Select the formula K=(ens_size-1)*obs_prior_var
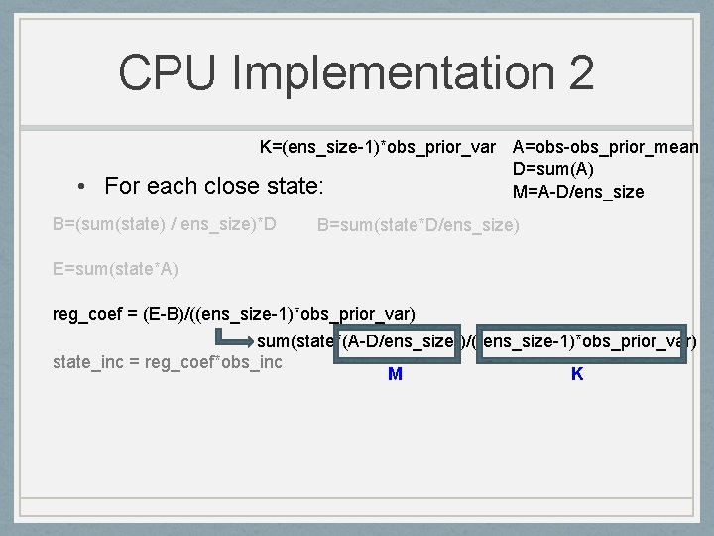click(x=378, y=148)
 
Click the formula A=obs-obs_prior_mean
click(x=606, y=148)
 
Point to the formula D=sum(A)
click(x=553, y=170)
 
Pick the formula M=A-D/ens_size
click(x=578, y=191)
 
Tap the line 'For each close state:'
click(x=214, y=186)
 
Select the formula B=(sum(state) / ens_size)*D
click(x=164, y=224)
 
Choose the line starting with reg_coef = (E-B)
click(x=233, y=315)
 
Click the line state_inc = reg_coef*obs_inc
click(x=167, y=362)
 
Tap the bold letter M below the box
click(x=395, y=374)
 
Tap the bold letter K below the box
click(x=577, y=374)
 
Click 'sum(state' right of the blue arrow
click(x=295, y=341)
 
